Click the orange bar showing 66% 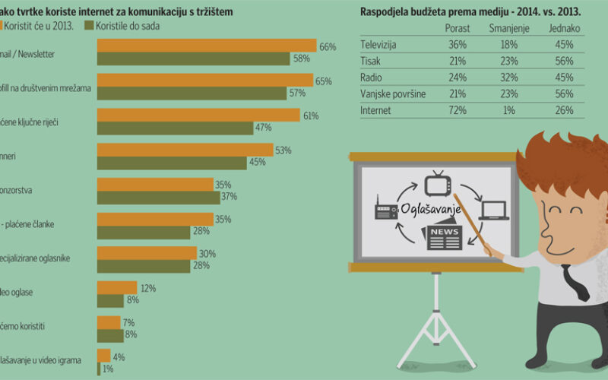(207, 46)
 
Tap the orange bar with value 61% (198, 116)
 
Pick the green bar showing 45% (172, 163)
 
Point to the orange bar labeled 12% (117, 287)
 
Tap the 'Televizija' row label (378, 45)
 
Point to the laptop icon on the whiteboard (493, 208)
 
